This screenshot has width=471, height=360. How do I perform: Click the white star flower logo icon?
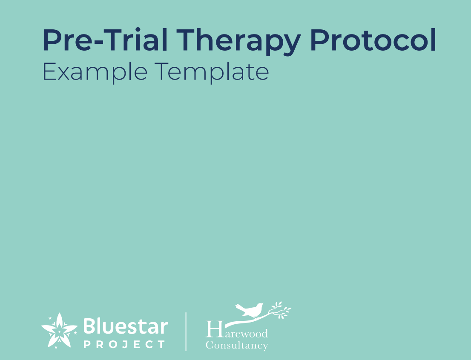[x=59, y=330]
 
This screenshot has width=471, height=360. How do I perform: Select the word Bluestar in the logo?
[x=126, y=327]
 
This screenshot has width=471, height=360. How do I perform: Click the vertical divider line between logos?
[x=186, y=331]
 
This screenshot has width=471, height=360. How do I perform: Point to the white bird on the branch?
[x=251, y=310]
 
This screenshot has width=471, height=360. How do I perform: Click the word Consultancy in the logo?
[x=237, y=345]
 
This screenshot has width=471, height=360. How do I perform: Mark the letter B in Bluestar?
[x=89, y=326]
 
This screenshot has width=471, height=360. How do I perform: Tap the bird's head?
[x=259, y=305]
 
